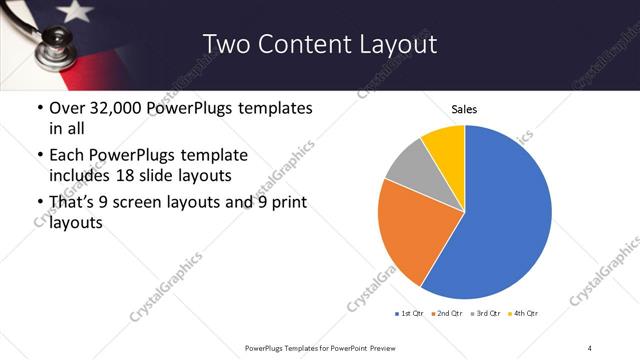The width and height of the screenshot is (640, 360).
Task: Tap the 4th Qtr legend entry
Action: pyautogui.click(x=526, y=314)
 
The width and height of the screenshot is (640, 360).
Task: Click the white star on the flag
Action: pyautogui.click(x=74, y=12)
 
